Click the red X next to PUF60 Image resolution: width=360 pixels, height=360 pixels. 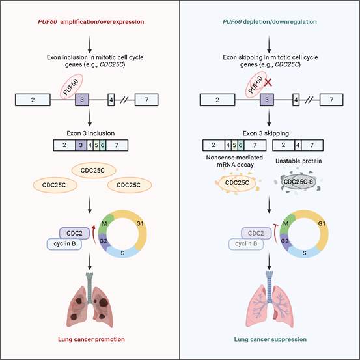coord(268,82)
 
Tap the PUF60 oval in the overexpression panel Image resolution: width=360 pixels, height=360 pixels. coord(72,87)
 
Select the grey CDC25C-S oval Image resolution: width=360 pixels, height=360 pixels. coord(298,182)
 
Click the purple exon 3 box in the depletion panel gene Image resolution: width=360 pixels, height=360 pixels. coord(267,100)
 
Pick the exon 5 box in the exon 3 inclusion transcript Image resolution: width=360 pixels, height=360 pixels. coord(96,145)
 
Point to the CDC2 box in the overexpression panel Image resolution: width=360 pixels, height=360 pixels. coord(74,233)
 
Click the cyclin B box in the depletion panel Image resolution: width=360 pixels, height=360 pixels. coord(246,244)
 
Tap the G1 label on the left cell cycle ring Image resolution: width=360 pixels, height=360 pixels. coord(140,223)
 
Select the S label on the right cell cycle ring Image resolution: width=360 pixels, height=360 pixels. coord(304,253)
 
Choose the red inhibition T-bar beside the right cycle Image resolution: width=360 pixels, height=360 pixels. coord(275,234)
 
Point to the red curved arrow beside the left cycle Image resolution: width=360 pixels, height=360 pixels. coord(94,234)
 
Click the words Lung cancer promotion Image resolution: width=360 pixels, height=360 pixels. coord(91,339)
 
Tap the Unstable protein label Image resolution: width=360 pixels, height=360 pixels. coord(298,161)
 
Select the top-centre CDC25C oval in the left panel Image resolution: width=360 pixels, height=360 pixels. coord(94,170)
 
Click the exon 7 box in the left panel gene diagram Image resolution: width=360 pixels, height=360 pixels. coord(146,100)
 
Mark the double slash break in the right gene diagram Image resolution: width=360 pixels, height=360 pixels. coord(310,100)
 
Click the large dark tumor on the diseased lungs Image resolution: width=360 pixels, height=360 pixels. coord(104,302)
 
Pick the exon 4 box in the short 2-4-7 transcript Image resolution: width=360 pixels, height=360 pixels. coord(298,145)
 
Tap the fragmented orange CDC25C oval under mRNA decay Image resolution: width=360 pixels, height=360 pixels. coord(237,182)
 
